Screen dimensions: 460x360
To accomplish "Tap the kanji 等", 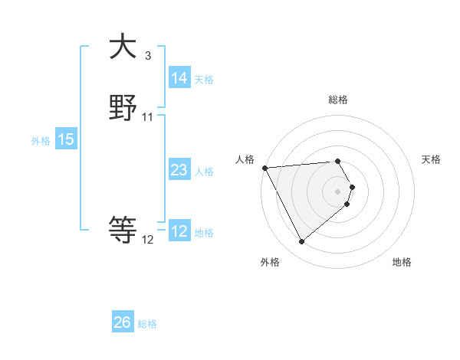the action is tap(123, 229).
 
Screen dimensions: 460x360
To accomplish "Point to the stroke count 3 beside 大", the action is tap(147, 56).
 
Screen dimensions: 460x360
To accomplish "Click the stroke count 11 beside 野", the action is tap(148, 117).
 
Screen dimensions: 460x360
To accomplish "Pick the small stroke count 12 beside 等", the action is tap(148, 240).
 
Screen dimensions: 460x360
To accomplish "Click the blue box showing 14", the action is tap(179, 78).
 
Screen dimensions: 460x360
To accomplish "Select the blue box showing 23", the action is tap(179, 170).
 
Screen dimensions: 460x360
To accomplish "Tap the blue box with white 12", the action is tap(179, 231).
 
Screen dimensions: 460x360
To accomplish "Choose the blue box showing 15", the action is tap(66, 139).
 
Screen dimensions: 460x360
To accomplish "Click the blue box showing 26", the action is tap(123, 322).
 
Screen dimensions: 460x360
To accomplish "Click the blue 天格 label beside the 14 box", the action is tap(204, 80).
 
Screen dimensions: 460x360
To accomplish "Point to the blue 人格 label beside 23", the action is tap(204, 172).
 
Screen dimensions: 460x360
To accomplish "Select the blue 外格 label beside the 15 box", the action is tap(41, 141).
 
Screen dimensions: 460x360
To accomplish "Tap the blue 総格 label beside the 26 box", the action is tap(147, 324).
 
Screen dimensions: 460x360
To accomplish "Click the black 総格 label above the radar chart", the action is tap(338, 100).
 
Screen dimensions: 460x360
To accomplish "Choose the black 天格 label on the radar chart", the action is tap(431, 159).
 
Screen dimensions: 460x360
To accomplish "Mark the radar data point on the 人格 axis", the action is tap(264, 168).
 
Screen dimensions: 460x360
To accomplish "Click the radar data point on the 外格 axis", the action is tap(301, 242).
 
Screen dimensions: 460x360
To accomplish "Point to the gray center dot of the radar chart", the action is tap(338, 191).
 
